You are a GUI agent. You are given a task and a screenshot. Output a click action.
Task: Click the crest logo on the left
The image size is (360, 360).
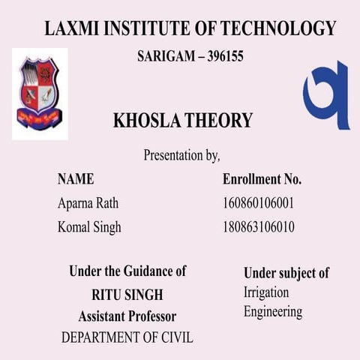click(x=40, y=94)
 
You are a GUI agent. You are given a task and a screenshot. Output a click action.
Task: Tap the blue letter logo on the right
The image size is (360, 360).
click(x=328, y=95)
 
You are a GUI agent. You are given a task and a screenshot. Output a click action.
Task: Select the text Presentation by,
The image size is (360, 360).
click(x=181, y=156)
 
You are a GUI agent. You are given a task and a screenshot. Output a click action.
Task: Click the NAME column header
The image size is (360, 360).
click(x=76, y=179)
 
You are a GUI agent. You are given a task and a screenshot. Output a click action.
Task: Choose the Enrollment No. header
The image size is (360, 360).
click(x=262, y=179)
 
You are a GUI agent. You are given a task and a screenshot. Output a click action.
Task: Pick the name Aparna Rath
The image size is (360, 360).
click(x=88, y=203)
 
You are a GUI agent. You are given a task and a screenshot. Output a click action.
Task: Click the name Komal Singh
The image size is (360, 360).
click(x=89, y=226)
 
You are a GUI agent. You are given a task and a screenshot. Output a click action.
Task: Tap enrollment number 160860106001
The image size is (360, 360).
click(x=258, y=203)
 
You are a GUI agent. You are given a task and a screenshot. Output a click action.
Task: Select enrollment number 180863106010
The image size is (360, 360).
click(x=258, y=226)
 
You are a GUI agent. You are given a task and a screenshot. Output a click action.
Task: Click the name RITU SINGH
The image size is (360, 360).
click(x=127, y=294)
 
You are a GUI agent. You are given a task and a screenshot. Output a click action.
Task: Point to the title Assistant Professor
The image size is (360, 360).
click(x=127, y=316)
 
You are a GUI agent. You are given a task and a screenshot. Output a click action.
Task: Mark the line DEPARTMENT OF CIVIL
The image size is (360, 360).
click(x=127, y=337)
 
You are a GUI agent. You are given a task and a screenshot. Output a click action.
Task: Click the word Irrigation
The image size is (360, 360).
click(x=265, y=292)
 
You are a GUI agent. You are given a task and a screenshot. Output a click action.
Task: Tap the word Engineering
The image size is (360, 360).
click(x=273, y=311)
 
